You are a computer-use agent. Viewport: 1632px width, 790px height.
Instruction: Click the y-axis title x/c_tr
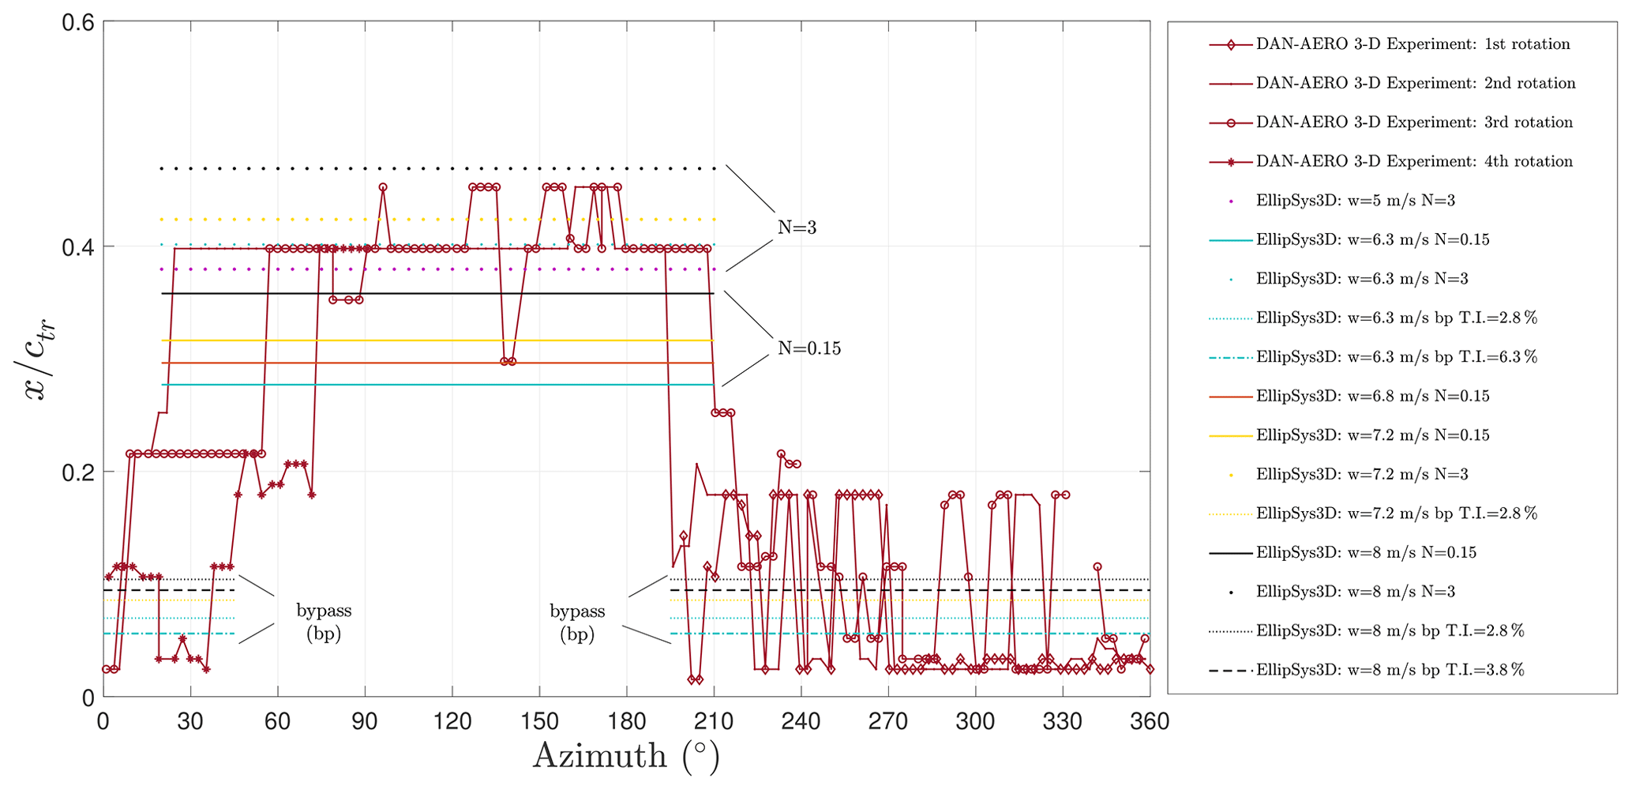36,359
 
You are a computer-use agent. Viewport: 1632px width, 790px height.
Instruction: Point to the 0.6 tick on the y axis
78,22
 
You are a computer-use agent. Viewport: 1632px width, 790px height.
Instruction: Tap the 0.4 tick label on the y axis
78,246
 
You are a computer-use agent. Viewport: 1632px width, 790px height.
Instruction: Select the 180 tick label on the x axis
625,721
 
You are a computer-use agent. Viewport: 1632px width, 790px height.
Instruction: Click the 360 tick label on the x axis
1149,721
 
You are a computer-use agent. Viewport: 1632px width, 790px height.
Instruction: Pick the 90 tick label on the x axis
364,721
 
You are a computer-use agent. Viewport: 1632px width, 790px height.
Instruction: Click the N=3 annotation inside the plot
797,228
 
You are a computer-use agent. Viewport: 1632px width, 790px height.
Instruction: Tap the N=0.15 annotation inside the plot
808,348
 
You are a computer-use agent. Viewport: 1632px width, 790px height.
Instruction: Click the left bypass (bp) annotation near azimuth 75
324,622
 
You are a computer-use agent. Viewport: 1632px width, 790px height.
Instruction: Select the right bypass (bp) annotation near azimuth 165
577,622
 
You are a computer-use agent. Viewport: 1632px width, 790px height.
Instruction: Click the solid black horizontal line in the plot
434,294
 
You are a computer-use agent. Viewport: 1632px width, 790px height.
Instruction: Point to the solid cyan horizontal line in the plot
434,385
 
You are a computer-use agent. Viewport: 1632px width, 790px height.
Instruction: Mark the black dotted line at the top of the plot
434,168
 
